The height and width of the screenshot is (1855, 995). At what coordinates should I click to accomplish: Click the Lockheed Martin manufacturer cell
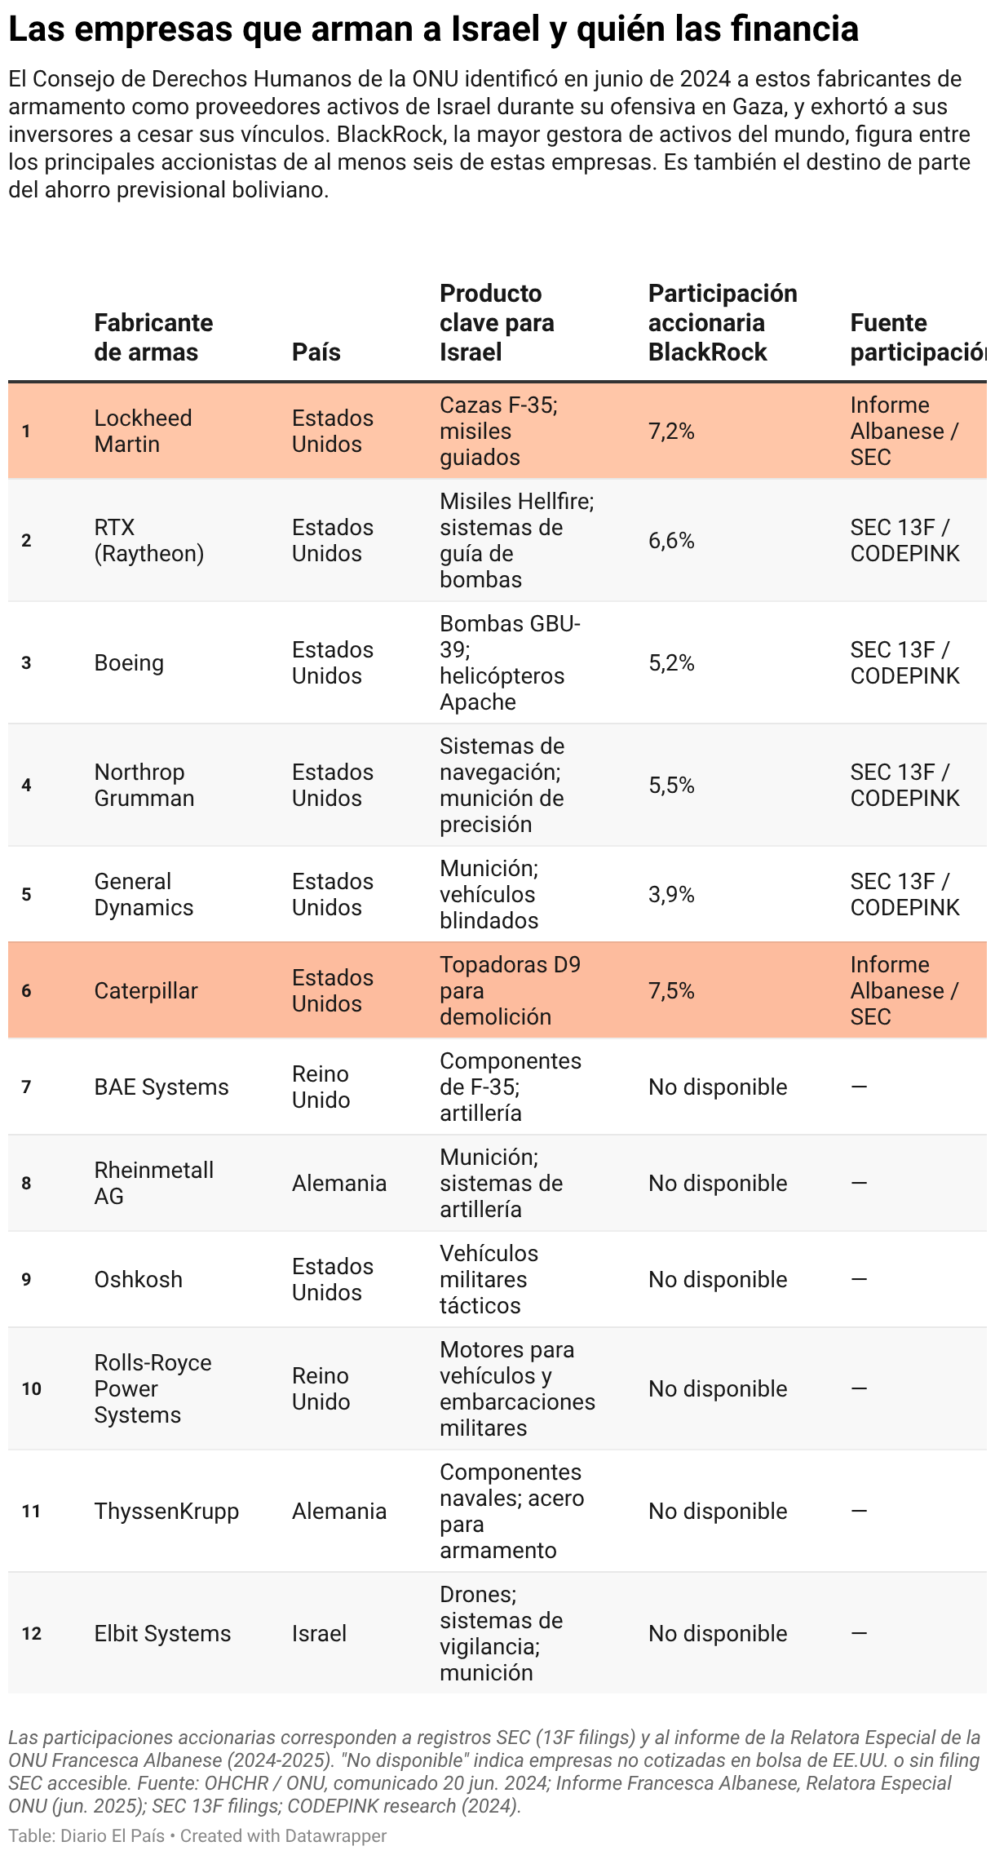click(143, 431)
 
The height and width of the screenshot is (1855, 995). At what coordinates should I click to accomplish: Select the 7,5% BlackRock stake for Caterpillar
click(671, 990)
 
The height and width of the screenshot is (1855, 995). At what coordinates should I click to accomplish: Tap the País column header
click(316, 352)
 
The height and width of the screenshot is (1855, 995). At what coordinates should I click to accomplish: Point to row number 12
click(31, 1633)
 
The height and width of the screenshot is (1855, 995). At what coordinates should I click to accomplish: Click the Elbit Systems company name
click(162, 1633)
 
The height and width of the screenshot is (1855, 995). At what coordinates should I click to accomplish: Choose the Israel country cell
click(319, 1633)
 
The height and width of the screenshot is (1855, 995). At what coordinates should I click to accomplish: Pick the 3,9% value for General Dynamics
click(671, 894)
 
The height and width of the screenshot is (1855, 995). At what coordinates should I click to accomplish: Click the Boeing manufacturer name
click(129, 662)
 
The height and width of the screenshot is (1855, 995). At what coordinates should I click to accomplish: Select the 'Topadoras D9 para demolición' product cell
click(510, 990)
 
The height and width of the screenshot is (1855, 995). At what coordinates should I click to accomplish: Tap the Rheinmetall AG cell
click(153, 1183)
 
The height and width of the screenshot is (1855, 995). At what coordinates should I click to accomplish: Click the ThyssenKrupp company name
click(166, 1511)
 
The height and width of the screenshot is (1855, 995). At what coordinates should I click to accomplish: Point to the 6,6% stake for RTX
click(671, 540)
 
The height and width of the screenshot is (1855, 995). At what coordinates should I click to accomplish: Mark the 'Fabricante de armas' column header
click(153, 338)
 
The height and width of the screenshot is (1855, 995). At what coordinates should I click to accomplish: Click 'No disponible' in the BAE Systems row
click(718, 1087)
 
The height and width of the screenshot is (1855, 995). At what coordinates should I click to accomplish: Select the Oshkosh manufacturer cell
click(138, 1279)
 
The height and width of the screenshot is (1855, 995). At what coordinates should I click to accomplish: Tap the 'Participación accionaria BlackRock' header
click(723, 323)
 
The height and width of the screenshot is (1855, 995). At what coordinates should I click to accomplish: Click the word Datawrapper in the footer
click(335, 1835)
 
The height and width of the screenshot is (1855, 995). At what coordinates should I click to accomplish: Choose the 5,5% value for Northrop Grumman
click(671, 785)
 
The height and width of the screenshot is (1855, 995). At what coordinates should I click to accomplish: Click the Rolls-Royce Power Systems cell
click(153, 1388)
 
